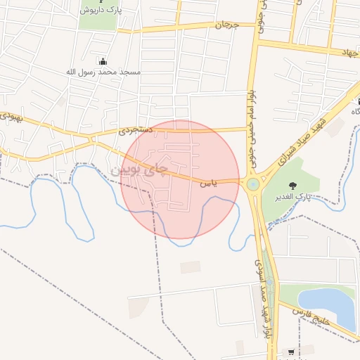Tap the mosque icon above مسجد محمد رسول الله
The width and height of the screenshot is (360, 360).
[x=104, y=61]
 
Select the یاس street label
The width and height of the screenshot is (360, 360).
[x=209, y=184]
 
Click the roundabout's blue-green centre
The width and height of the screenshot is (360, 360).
[x=252, y=184]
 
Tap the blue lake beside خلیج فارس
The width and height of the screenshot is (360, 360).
[x=326, y=305]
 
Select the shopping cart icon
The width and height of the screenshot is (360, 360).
[x=290, y=352]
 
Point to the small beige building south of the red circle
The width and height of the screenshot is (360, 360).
[x=190, y=267]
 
